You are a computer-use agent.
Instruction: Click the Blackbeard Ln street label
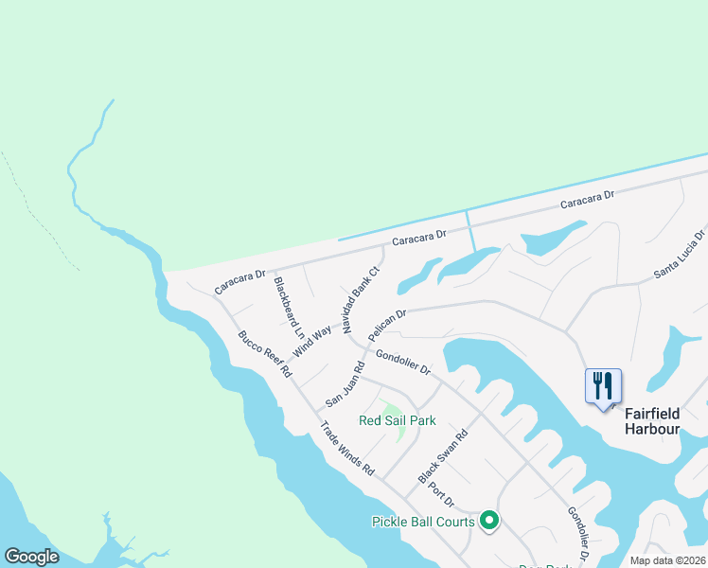289,309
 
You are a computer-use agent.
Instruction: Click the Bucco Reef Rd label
264,354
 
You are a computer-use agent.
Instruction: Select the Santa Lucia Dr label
681,256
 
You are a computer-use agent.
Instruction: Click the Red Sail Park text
398,420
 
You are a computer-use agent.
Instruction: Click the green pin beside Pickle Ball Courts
489,520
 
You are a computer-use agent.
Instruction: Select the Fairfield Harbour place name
652,421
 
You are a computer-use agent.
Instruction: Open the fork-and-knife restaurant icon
604,386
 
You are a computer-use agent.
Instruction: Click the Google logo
31,557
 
